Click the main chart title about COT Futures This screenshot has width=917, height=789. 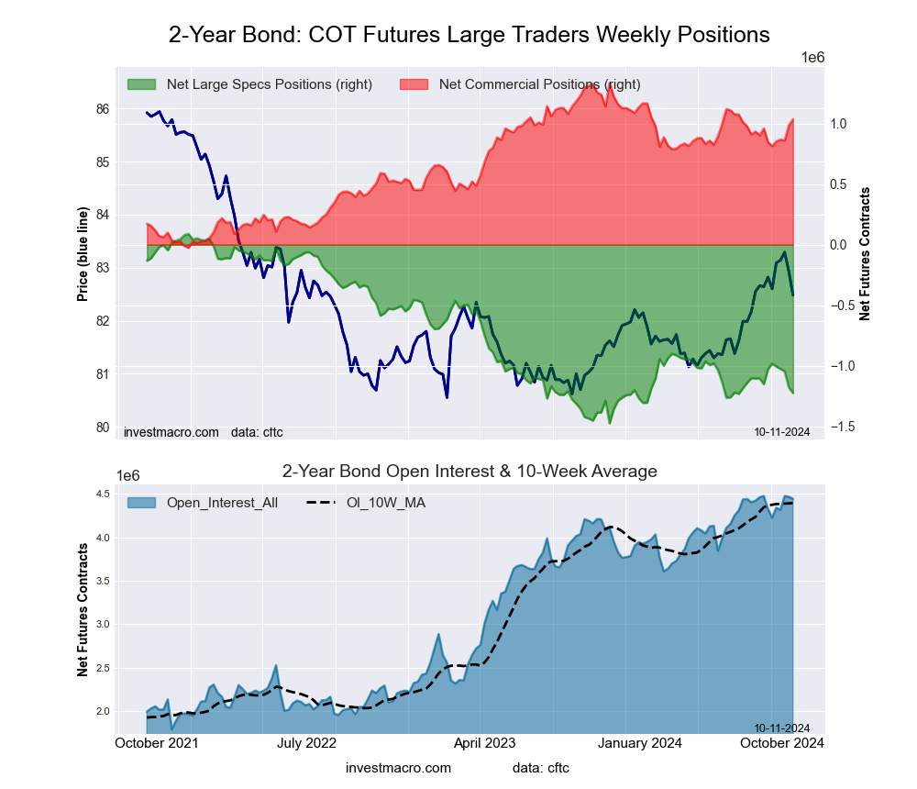coord(469,35)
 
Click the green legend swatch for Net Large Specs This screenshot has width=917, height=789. coord(141,84)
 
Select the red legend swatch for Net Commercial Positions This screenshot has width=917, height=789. coord(414,84)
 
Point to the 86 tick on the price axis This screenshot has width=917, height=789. coord(102,109)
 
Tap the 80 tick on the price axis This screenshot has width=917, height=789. coord(102,428)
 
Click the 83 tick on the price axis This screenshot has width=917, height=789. coord(102,268)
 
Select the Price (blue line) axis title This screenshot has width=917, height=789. coord(83,255)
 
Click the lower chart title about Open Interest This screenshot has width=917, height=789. coord(469,472)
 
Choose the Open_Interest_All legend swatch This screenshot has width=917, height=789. coord(141,503)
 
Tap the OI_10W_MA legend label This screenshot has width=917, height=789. coord(385,503)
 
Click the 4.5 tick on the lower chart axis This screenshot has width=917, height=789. coord(103,495)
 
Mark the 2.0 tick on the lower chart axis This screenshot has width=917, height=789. coord(103,711)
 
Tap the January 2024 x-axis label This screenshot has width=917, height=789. coord(654,743)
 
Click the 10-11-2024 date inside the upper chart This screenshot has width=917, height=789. coord(781,431)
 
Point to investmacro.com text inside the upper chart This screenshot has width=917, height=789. coord(171,431)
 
